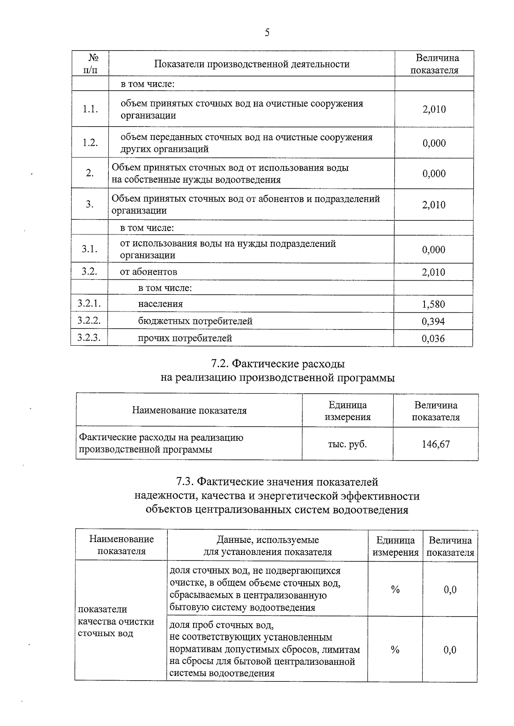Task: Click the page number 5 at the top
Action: pyautogui.click(x=267, y=33)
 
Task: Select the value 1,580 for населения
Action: pyautogui.click(x=433, y=304)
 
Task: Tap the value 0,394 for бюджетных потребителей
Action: pyautogui.click(x=433, y=321)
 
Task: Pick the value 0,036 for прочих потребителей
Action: pyautogui.click(x=433, y=338)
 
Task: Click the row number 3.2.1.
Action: pyautogui.click(x=89, y=304)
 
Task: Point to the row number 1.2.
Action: pyautogui.click(x=90, y=143)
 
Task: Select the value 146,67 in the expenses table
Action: pyautogui.click(x=436, y=444)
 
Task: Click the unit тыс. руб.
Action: pyautogui.click(x=347, y=444)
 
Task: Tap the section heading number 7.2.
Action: pyautogui.click(x=220, y=364)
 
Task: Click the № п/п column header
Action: pyautogui.click(x=90, y=64)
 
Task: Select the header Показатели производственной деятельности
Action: pyautogui.click(x=252, y=64)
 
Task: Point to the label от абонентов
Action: pyautogui.click(x=149, y=272)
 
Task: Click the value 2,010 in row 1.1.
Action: pyautogui.click(x=434, y=109)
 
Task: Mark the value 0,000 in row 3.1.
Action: pyautogui.click(x=433, y=249)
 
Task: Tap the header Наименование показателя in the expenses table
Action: pyautogui.click(x=189, y=411)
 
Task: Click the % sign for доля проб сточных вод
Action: pyautogui.click(x=395, y=650)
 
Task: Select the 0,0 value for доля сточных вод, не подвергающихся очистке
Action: pyautogui.click(x=450, y=590)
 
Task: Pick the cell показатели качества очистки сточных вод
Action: pyautogui.click(x=116, y=621)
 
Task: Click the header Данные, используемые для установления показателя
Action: pyautogui.click(x=267, y=546)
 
